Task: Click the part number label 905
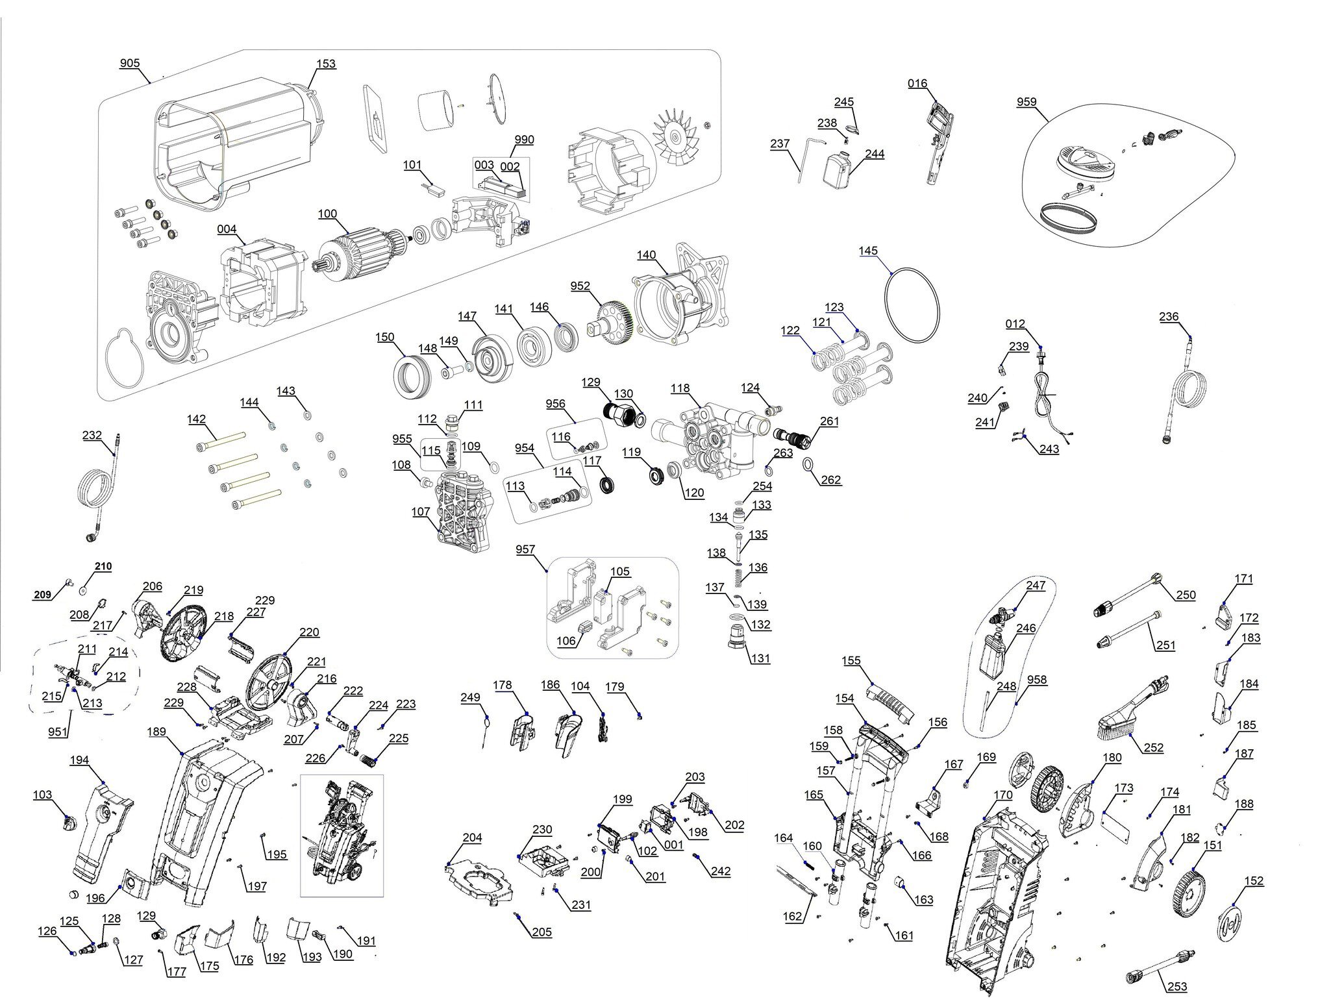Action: click(129, 64)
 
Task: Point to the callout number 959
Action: click(1026, 103)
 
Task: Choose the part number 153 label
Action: click(326, 64)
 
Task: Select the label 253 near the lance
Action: click(1177, 987)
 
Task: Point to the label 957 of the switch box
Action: click(525, 550)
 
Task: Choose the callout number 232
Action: click(92, 435)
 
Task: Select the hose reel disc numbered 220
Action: click(269, 682)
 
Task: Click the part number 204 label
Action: click(472, 838)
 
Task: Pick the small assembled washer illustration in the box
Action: click(342, 834)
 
